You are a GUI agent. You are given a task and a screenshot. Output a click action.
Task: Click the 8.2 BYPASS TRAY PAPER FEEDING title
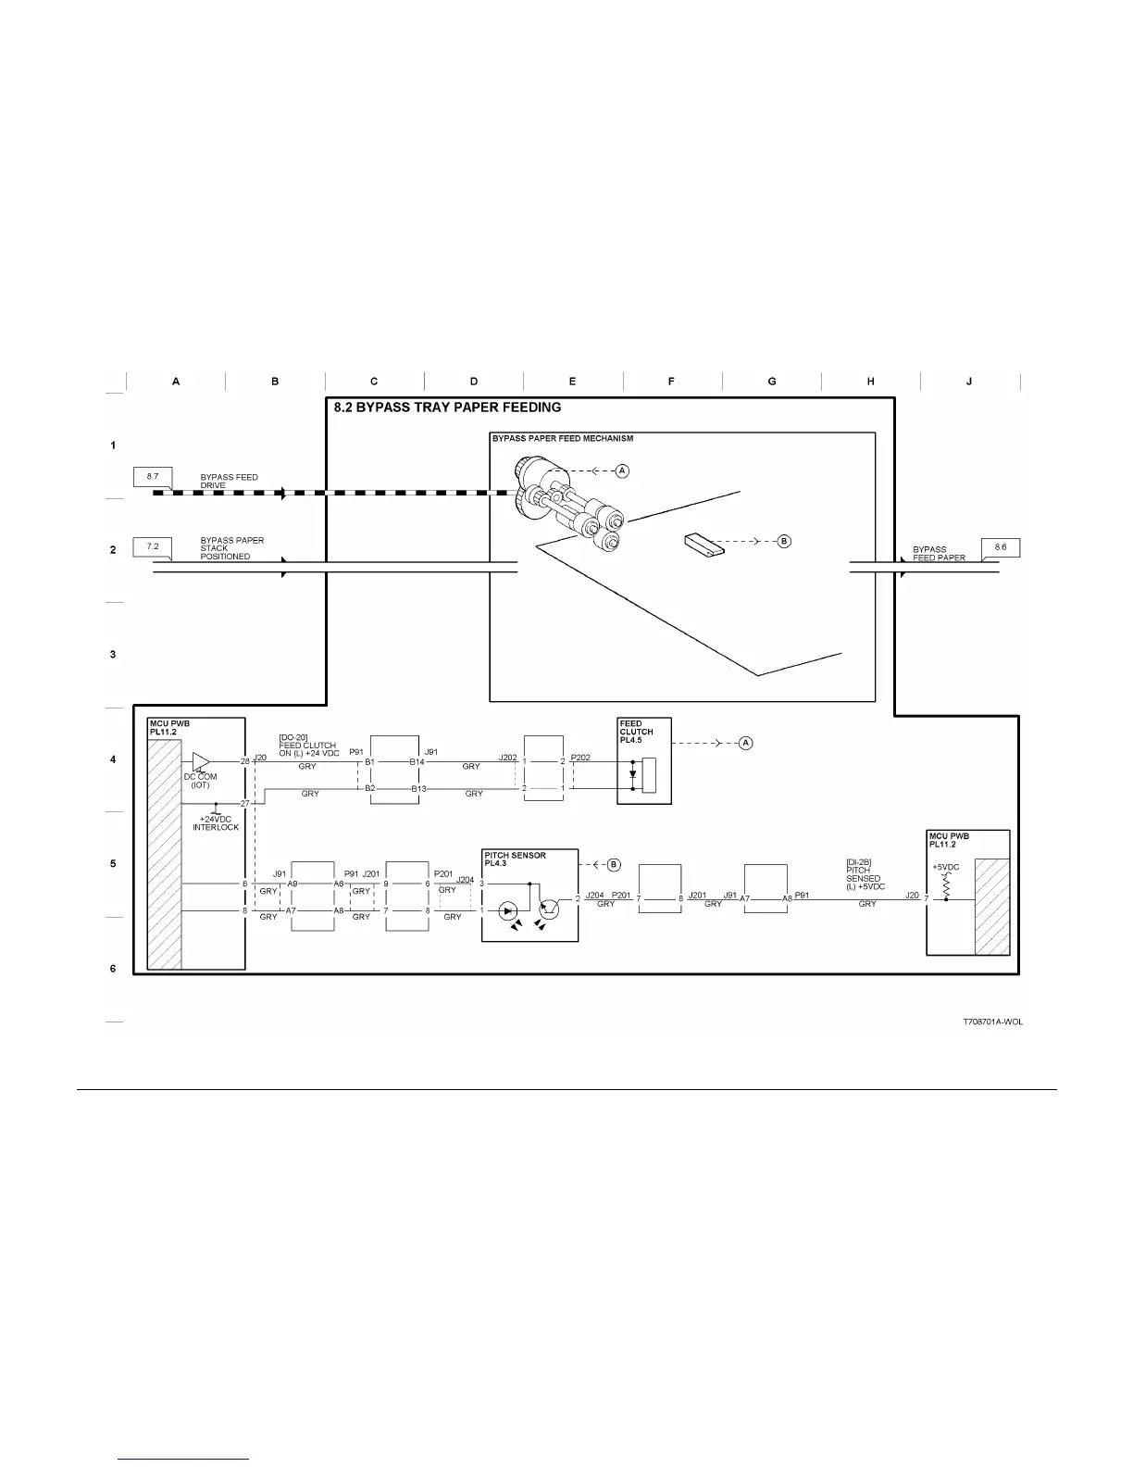[x=447, y=407]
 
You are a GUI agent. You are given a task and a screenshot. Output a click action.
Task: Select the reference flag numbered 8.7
[x=153, y=477]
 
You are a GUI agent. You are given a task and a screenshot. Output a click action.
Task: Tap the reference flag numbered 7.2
[x=153, y=546]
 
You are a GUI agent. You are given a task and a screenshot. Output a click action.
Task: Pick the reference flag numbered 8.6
[x=1001, y=547]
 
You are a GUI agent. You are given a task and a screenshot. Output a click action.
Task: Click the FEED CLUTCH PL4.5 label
[x=637, y=732]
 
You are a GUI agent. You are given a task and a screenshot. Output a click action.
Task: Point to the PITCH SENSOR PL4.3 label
[x=515, y=859]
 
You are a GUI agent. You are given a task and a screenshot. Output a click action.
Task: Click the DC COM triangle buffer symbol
[x=201, y=760]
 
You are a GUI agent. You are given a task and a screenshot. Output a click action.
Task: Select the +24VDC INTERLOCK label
[x=216, y=823]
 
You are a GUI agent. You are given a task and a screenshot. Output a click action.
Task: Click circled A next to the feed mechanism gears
[x=623, y=471]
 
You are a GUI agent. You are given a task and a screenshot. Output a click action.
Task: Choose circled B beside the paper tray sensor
[x=783, y=541]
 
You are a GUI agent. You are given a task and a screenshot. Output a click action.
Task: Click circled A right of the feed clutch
[x=747, y=743]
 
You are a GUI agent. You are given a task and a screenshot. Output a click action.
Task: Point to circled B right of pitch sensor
[x=613, y=865]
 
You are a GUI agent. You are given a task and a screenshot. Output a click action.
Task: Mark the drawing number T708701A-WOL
[x=992, y=1022]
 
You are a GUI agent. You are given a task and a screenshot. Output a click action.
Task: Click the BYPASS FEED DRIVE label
[x=229, y=482]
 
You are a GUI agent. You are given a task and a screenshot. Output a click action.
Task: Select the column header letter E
[x=573, y=382]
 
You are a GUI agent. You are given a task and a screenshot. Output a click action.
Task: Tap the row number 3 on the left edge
[x=113, y=654]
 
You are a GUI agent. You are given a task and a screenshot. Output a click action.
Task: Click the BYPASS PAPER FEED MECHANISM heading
[x=563, y=438]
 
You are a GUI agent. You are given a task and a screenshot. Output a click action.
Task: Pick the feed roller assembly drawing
[x=569, y=513]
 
